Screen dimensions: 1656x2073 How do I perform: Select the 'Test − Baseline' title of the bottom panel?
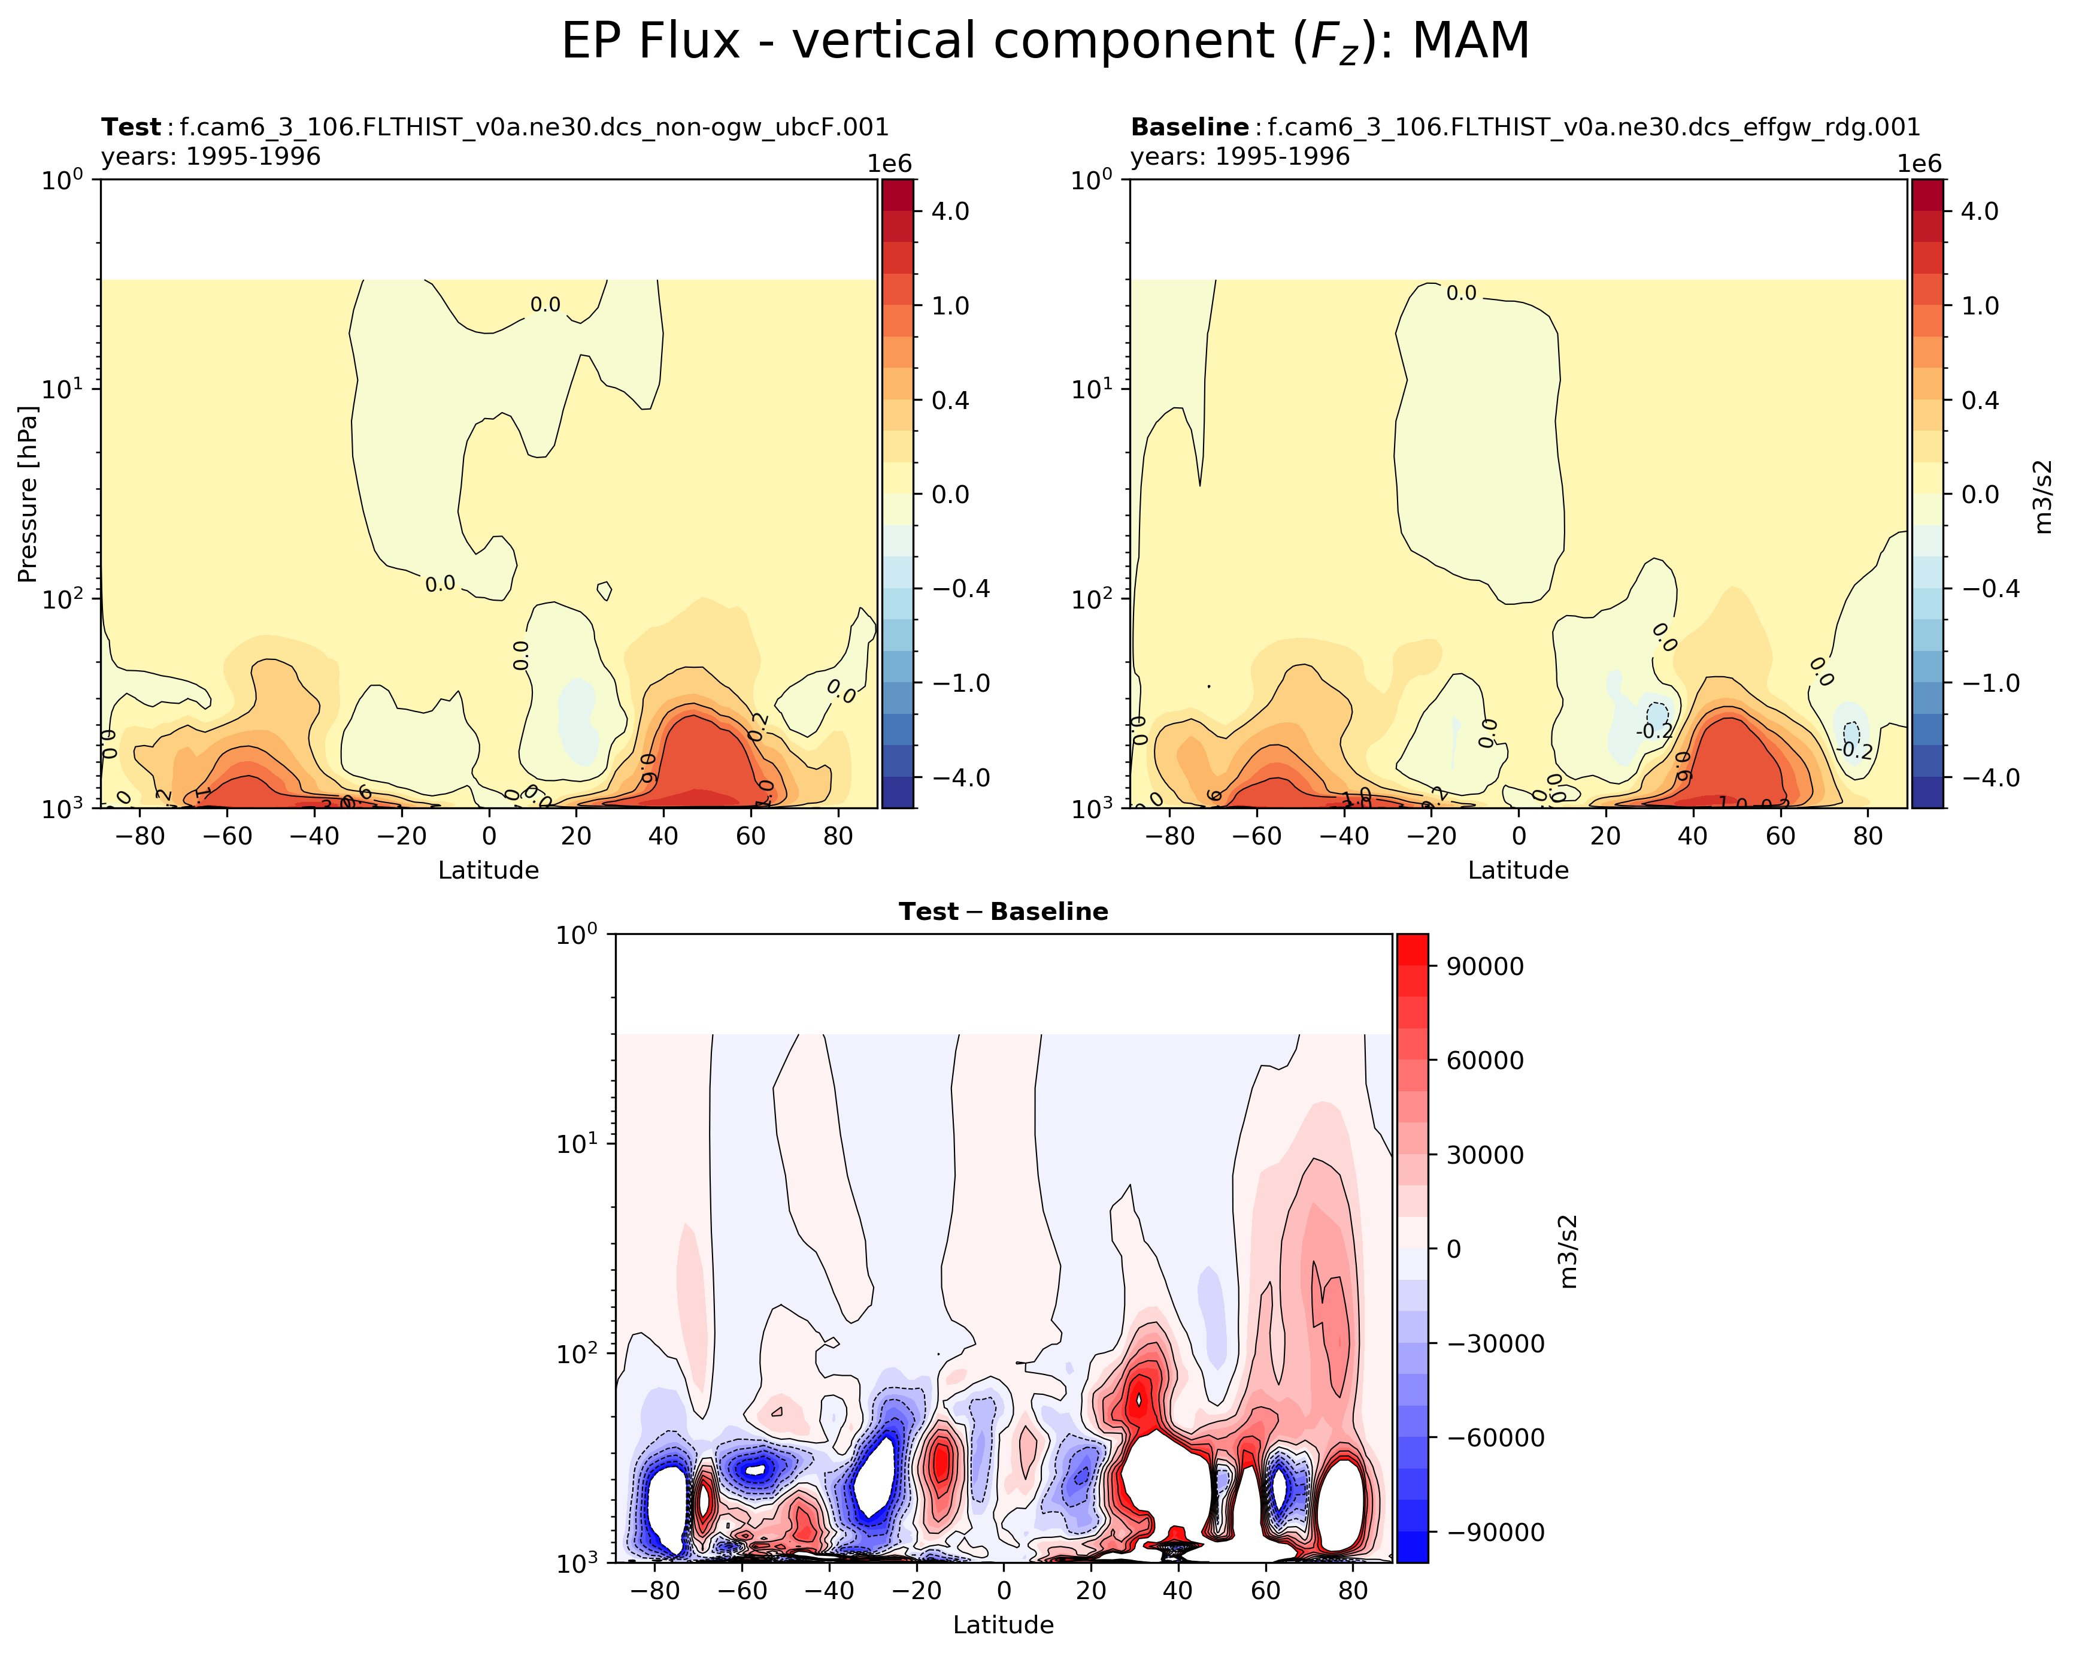click(1003, 912)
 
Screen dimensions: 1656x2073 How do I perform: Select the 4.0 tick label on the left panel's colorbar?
click(950, 211)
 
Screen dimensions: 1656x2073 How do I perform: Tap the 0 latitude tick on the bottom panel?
click(1003, 1591)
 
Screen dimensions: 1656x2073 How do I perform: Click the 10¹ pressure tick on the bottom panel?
click(577, 1143)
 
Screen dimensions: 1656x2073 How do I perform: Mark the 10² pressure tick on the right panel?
click(1092, 598)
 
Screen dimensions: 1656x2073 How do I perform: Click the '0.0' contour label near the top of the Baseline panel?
click(1460, 293)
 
